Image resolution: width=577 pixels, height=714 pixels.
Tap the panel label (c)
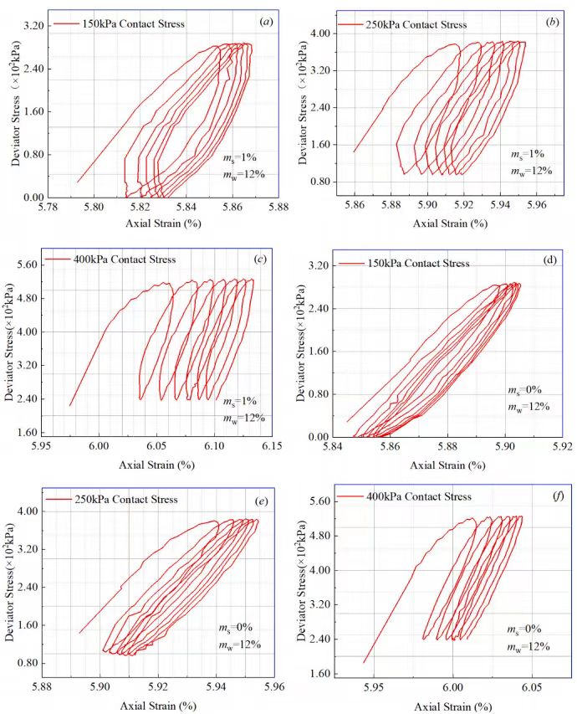(261, 259)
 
